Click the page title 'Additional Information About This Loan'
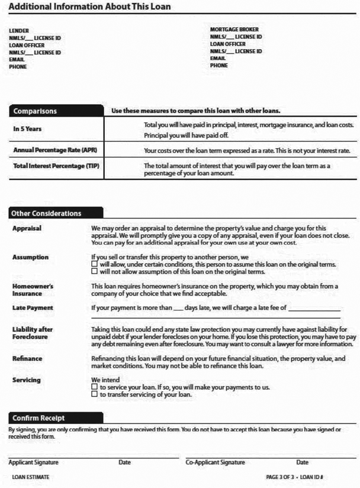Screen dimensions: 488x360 [x=90, y=7]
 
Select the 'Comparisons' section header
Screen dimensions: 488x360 [x=36, y=111]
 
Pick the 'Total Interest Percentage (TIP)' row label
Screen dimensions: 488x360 [x=56, y=166]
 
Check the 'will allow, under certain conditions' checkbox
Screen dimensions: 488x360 [x=95, y=264]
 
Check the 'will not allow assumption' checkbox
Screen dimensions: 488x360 [x=95, y=271]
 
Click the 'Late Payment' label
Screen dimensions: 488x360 [x=33, y=308]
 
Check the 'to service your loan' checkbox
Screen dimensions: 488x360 [x=95, y=387]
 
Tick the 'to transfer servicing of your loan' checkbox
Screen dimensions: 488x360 [x=95, y=394]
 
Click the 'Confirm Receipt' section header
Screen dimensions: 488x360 [x=39, y=418]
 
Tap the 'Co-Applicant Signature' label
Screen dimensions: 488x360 [x=216, y=463]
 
